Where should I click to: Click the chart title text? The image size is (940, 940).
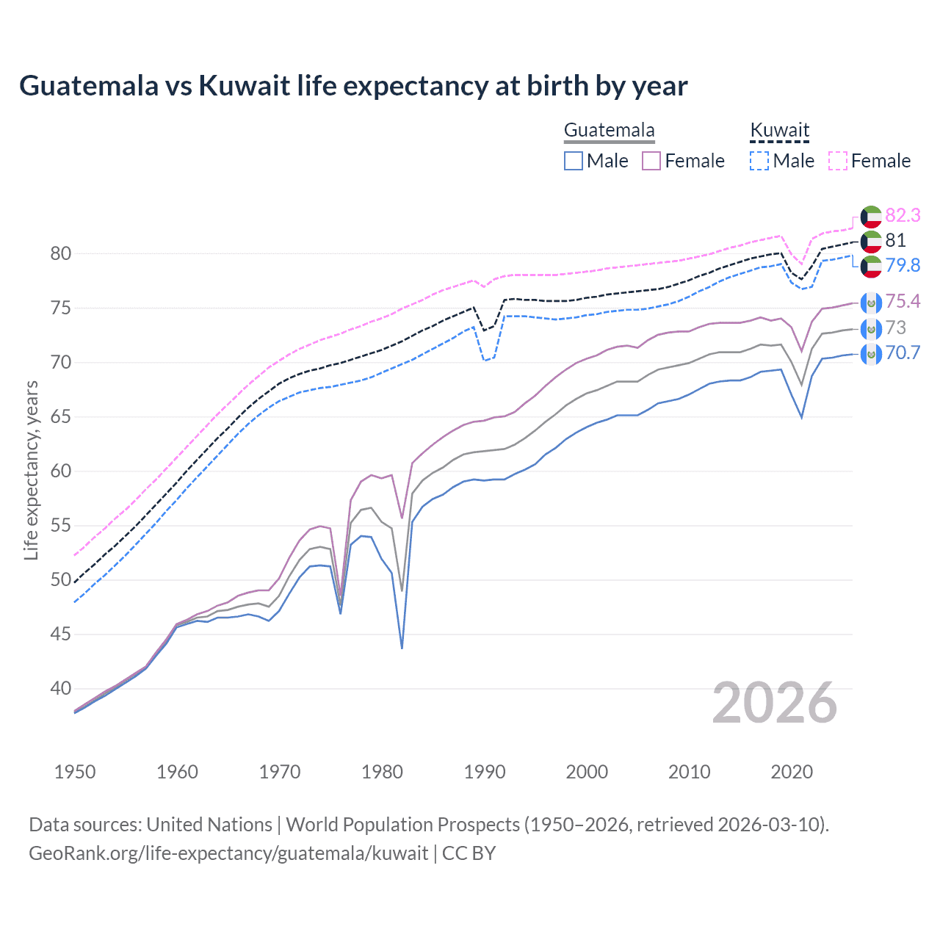coord(353,86)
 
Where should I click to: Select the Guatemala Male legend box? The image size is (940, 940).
coord(574,161)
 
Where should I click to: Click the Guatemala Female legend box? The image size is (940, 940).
coord(651,161)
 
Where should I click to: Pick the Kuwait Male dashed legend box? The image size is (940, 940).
coord(759,161)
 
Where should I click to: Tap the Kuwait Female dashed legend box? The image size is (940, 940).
coord(837,161)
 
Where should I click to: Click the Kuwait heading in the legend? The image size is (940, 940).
coord(779,131)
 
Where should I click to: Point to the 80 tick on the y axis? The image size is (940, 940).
coord(61,254)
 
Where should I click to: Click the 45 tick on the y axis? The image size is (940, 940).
coord(61,634)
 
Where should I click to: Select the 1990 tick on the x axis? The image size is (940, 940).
coord(485,772)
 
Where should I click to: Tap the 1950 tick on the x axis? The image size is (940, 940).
coord(75,772)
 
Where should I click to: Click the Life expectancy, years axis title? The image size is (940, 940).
coord(31,470)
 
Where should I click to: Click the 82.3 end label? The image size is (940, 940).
coord(903,215)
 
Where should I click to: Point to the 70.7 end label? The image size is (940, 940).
coord(903,353)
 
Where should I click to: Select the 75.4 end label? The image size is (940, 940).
coord(903,302)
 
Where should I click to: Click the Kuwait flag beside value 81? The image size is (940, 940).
coord(871,241)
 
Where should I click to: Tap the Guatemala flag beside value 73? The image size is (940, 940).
coord(871,328)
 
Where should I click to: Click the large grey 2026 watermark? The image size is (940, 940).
coord(774,703)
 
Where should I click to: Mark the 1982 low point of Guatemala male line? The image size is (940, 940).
coord(402,648)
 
